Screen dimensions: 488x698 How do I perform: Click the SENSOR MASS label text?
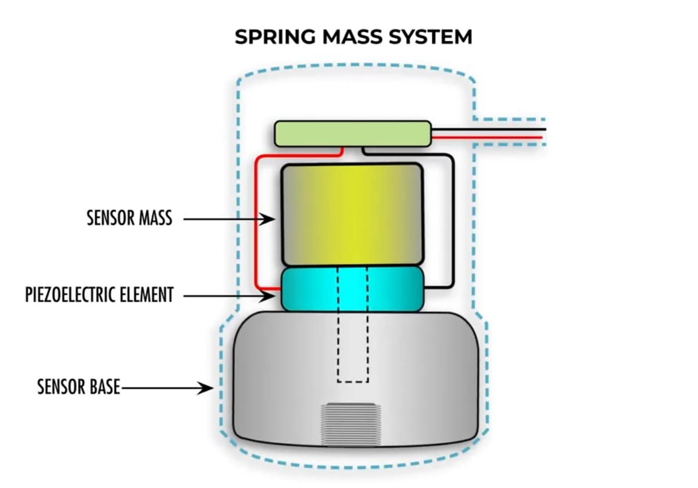[129, 218]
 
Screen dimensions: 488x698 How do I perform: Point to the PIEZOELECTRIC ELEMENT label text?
[99, 295]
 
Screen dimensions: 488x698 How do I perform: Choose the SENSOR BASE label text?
[78, 387]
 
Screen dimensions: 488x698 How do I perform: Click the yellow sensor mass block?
[352, 214]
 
